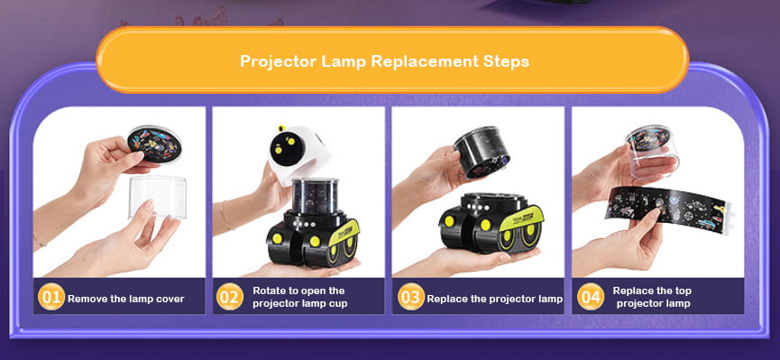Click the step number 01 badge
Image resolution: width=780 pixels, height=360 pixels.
(x=51, y=297)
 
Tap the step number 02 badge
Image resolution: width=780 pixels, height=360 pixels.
(x=230, y=297)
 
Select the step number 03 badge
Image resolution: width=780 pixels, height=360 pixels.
(x=411, y=297)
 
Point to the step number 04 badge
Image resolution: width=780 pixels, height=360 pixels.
(x=591, y=297)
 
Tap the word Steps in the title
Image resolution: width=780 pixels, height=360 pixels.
(x=506, y=62)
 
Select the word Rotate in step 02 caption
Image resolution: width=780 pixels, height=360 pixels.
(x=268, y=291)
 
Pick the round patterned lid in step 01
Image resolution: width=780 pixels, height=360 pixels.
(x=155, y=144)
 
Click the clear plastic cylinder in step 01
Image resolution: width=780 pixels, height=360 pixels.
(x=158, y=198)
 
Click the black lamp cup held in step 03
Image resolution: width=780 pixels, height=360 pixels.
(x=482, y=152)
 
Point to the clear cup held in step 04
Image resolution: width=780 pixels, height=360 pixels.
(x=652, y=152)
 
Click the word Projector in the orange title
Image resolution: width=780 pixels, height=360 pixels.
(x=279, y=62)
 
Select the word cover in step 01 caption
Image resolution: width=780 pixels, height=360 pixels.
(x=170, y=300)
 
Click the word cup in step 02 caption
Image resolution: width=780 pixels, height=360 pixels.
(x=338, y=304)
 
